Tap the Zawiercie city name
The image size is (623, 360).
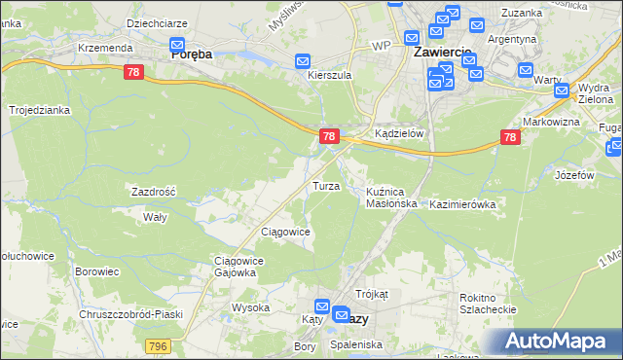point(442,51)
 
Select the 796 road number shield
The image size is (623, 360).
point(159,346)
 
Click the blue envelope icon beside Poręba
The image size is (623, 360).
point(177,44)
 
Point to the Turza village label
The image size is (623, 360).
point(325,186)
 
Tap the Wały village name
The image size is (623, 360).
point(156,217)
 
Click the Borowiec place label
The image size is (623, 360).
point(96,272)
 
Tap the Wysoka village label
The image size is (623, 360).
point(250,307)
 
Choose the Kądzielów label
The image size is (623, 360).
point(399,134)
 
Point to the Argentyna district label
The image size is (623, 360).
point(512,39)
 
